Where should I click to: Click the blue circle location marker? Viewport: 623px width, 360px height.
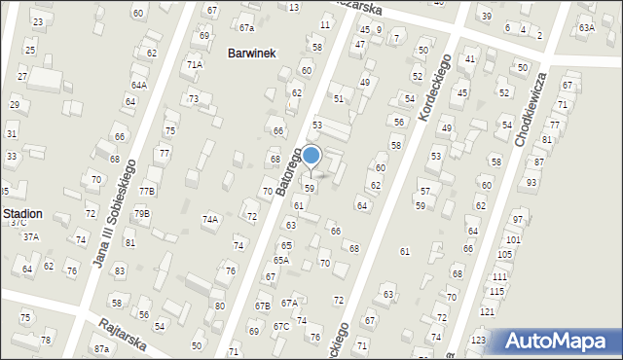click(311, 155)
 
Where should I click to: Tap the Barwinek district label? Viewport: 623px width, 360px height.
click(252, 54)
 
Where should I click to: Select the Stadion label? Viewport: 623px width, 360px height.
click(21, 213)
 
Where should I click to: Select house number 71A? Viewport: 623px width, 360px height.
click(195, 64)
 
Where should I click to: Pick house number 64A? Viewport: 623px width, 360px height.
click(139, 86)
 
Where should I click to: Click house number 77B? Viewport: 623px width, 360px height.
click(146, 191)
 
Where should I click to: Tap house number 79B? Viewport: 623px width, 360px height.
click(142, 213)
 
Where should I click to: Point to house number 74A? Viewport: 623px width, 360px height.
click(209, 220)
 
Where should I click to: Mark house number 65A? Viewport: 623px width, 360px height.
click(280, 260)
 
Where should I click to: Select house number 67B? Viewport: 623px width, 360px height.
click(263, 306)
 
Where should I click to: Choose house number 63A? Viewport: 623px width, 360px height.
click(586, 28)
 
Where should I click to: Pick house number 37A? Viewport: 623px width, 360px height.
click(31, 236)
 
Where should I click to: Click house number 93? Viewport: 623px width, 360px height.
click(531, 182)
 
